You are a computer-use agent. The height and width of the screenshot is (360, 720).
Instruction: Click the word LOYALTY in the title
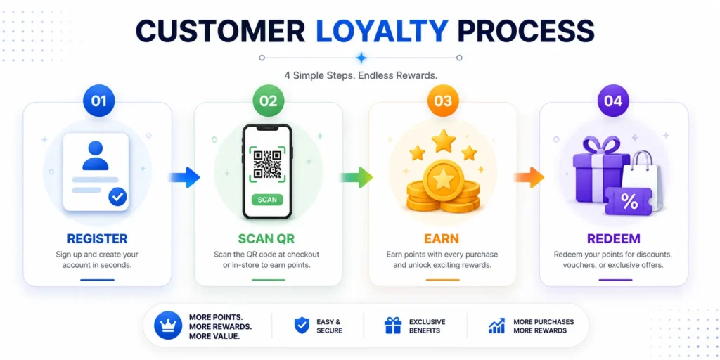(382, 31)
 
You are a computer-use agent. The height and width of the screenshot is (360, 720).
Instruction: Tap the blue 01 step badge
(98, 101)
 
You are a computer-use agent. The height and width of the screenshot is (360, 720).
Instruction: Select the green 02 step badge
(269, 101)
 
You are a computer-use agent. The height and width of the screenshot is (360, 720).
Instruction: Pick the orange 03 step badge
(443, 101)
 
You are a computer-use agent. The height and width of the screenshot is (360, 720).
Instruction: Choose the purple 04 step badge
(613, 101)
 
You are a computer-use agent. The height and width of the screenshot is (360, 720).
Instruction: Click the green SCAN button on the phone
(267, 200)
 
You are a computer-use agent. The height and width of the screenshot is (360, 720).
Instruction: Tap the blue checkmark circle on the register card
(118, 197)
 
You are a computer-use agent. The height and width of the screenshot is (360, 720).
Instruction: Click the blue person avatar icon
(96, 155)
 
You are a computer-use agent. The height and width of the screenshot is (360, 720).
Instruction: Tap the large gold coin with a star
(444, 181)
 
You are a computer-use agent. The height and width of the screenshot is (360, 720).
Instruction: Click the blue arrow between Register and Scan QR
(185, 177)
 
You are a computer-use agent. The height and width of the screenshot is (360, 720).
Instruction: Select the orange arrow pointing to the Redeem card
(529, 177)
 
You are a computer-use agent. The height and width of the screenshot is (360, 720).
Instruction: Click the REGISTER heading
(97, 239)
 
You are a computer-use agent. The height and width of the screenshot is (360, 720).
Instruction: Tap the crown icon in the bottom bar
(167, 326)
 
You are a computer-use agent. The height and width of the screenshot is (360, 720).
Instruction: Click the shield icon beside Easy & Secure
(302, 326)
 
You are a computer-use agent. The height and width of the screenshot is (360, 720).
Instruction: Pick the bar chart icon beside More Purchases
(497, 326)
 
